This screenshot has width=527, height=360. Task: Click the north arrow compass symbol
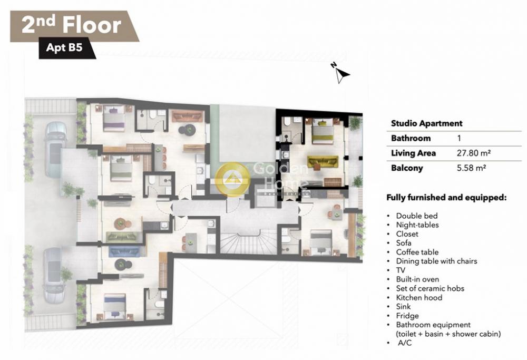[x=341, y=73]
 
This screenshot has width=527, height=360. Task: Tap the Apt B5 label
[x=64, y=47]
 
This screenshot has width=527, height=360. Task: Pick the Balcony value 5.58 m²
[x=471, y=168]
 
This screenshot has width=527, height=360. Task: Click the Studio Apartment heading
[x=426, y=123]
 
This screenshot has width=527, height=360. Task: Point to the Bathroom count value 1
[x=459, y=138]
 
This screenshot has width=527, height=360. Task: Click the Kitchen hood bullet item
[x=419, y=297]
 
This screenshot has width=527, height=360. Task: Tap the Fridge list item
[x=407, y=316]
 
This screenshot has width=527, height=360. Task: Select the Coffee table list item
[x=417, y=252]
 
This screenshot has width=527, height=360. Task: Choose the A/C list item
[x=404, y=343]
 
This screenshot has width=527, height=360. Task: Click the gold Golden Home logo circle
[x=232, y=180]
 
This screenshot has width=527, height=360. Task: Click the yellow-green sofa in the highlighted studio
[x=323, y=162]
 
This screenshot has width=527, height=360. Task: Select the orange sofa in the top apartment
[x=188, y=116]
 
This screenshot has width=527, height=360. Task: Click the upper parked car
[x=55, y=149]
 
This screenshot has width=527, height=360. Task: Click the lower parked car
[x=54, y=274]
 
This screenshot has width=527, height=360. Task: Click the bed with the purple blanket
[x=113, y=118]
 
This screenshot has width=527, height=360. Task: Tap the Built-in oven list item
[x=417, y=279]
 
